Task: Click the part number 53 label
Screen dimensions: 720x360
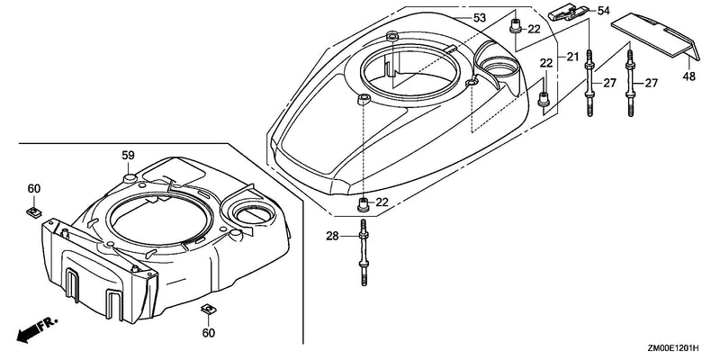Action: pyautogui.click(x=480, y=18)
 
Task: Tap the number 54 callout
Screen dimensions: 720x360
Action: pyautogui.click(x=603, y=11)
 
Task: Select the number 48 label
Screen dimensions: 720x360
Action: pyautogui.click(x=688, y=76)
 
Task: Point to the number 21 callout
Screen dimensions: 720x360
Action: pyautogui.click(x=572, y=58)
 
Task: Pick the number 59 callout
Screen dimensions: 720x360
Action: pyautogui.click(x=128, y=156)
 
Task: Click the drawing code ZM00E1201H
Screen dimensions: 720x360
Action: pyautogui.click(x=673, y=348)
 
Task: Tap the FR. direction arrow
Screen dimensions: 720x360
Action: pyautogui.click(x=37, y=329)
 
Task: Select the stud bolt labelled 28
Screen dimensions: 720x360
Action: pyautogui.click(x=364, y=253)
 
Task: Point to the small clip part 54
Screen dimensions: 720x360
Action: pyautogui.click(x=569, y=13)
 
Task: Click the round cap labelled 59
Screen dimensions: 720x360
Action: pyautogui.click(x=129, y=178)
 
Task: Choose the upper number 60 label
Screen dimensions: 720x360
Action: pyautogui.click(x=34, y=189)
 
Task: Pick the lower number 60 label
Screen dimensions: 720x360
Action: pyautogui.click(x=209, y=333)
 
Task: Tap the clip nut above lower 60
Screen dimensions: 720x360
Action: pyautogui.click(x=209, y=310)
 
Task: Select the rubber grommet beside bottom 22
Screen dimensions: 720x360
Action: pyautogui.click(x=364, y=204)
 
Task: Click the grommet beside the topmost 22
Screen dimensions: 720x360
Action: pyautogui.click(x=515, y=27)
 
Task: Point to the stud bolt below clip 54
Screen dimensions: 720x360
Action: pyautogui.click(x=589, y=83)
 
